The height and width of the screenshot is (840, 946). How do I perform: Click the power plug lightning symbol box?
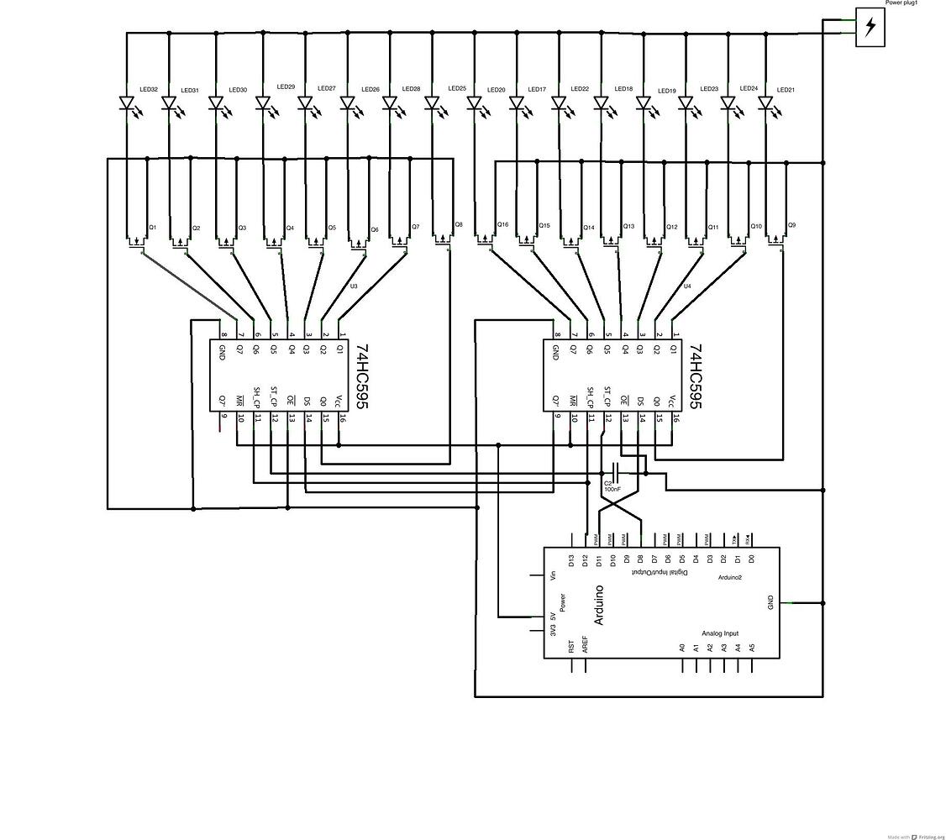click(870, 27)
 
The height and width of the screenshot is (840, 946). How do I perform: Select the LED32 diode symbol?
click(127, 105)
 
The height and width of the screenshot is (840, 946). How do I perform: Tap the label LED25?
click(457, 88)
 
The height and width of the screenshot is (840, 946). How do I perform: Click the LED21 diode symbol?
click(765, 105)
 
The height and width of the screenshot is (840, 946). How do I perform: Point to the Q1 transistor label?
click(153, 228)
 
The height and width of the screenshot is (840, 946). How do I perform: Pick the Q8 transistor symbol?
click(442, 239)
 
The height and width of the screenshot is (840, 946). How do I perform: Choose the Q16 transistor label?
click(502, 225)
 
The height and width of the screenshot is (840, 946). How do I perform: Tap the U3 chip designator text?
click(354, 286)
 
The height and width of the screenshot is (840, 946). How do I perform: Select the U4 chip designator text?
click(687, 286)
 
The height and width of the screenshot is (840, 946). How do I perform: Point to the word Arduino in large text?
click(599, 605)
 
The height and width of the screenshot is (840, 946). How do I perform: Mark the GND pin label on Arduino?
click(770, 602)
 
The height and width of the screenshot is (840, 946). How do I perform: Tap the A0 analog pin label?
click(682, 647)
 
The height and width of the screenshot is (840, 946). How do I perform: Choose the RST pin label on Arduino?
click(571, 646)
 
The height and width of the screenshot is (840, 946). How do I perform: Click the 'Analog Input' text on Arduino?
click(720, 633)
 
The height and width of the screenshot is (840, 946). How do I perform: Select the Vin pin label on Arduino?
click(553, 575)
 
